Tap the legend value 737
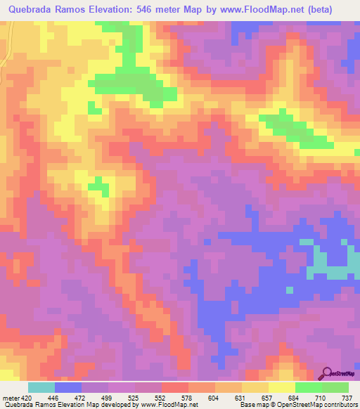pyautogui.click(x=347, y=397)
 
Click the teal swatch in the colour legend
pyautogui.click(x=41, y=387)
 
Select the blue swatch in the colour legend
pyautogui.click(x=68, y=387)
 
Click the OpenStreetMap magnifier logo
pyautogui.click(x=327, y=373)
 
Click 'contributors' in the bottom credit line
pyautogui.click(x=340, y=405)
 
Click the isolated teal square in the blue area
pyautogui.click(x=289, y=290)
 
